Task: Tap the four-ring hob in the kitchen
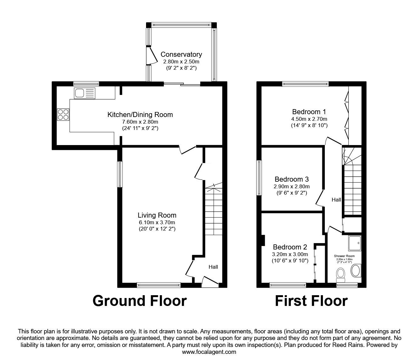(x=63, y=114)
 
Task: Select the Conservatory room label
(x=181, y=55)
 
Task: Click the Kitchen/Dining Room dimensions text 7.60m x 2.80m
(x=140, y=122)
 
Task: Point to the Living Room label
(x=157, y=215)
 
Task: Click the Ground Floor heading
(x=139, y=301)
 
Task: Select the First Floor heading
(x=311, y=301)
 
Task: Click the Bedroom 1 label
(x=309, y=112)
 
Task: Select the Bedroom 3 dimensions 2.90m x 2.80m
(x=291, y=186)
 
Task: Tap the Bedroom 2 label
(x=290, y=247)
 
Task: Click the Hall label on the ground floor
(x=213, y=267)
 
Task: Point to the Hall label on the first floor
(x=336, y=200)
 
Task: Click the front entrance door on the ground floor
(x=210, y=282)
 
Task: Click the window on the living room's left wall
(x=120, y=174)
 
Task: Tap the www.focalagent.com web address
(x=209, y=352)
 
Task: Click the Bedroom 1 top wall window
(x=305, y=84)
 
